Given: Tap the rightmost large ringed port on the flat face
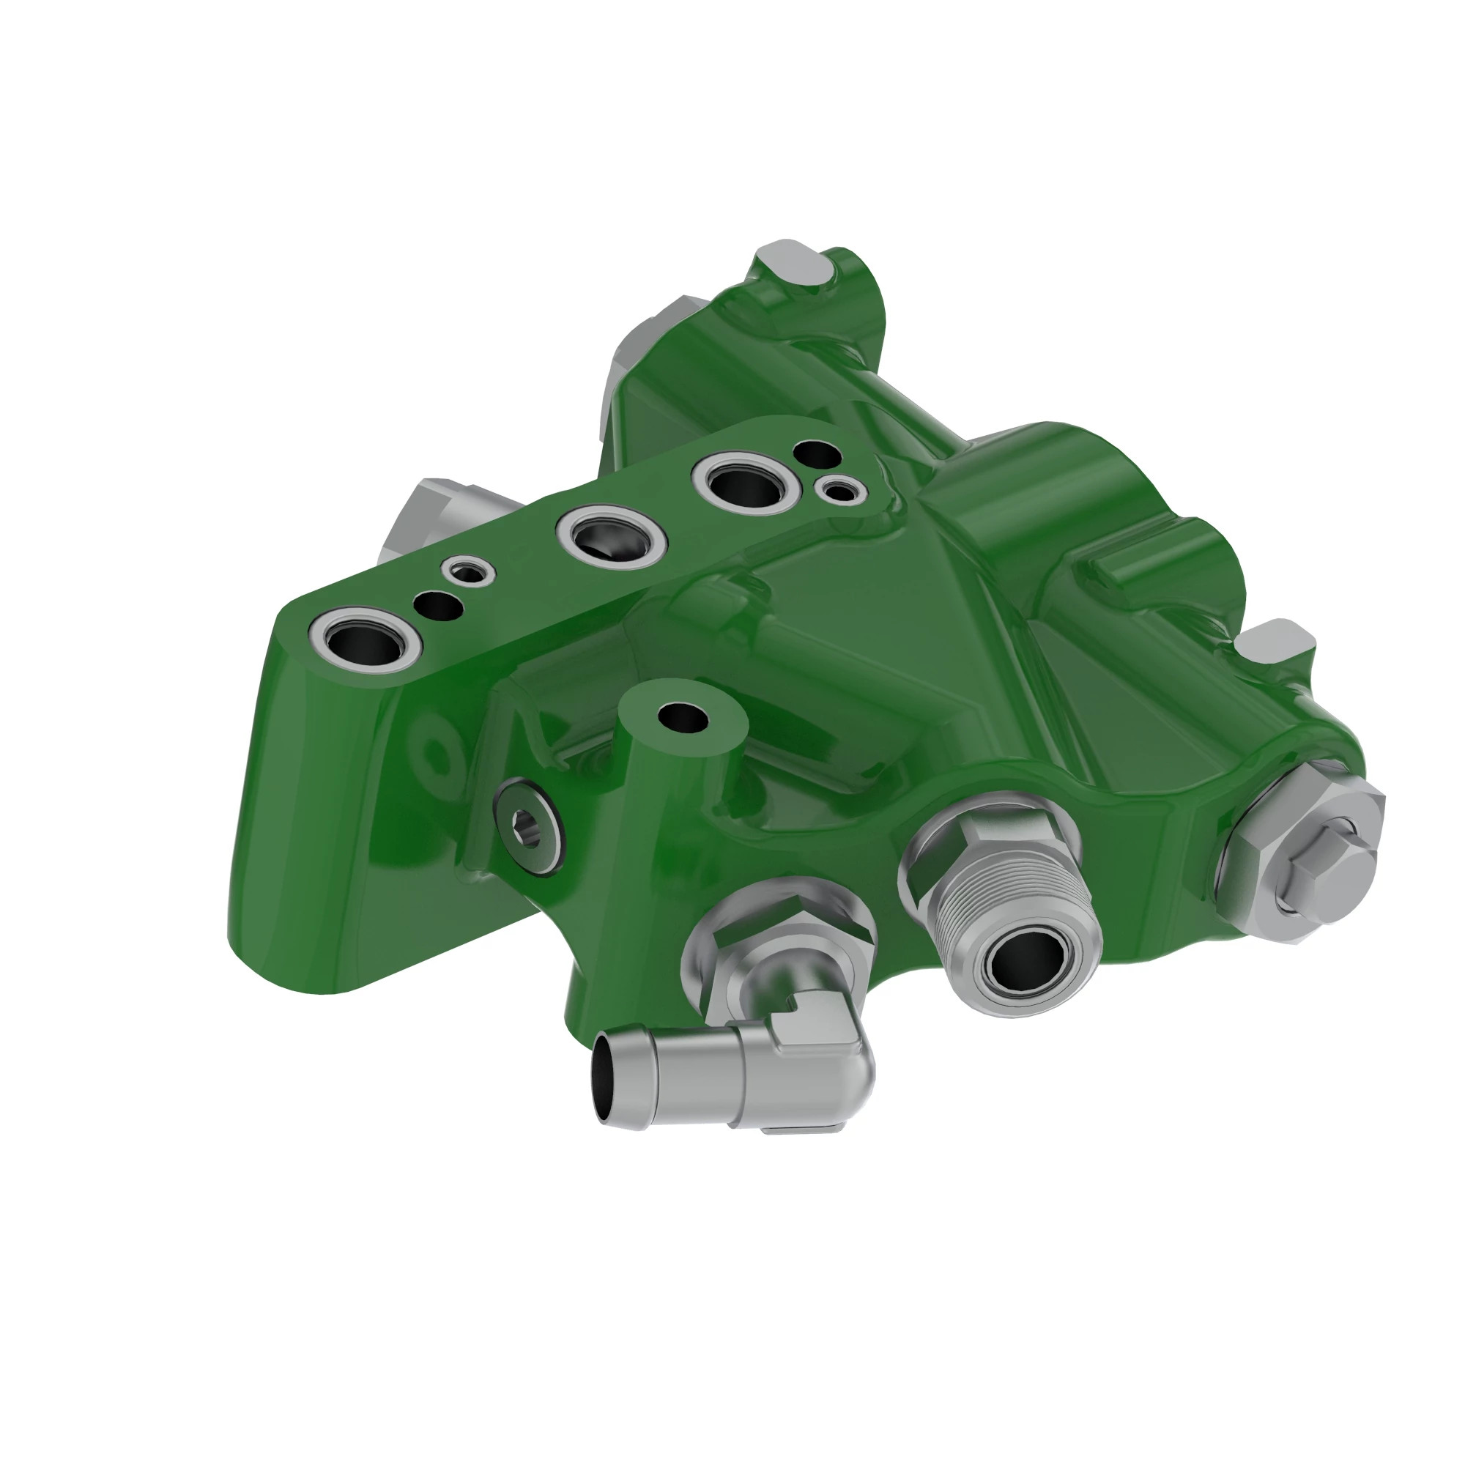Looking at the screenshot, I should (x=743, y=482).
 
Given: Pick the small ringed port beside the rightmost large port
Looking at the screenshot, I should (x=840, y=492).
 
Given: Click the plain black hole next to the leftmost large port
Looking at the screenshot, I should (x=437, y=606).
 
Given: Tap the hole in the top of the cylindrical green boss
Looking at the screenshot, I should (x=683, y=716).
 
